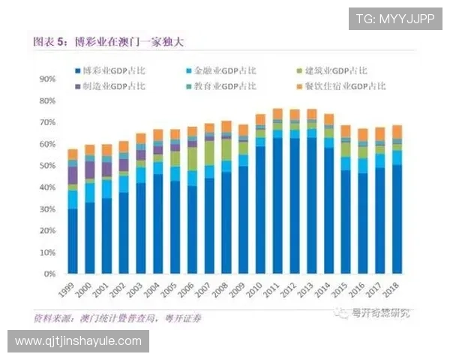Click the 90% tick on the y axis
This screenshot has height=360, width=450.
46,79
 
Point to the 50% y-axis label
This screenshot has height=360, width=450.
46,166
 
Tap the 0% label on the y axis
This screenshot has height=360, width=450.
49,274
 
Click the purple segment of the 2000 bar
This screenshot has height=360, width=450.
90,169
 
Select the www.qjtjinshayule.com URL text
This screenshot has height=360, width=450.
78,341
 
